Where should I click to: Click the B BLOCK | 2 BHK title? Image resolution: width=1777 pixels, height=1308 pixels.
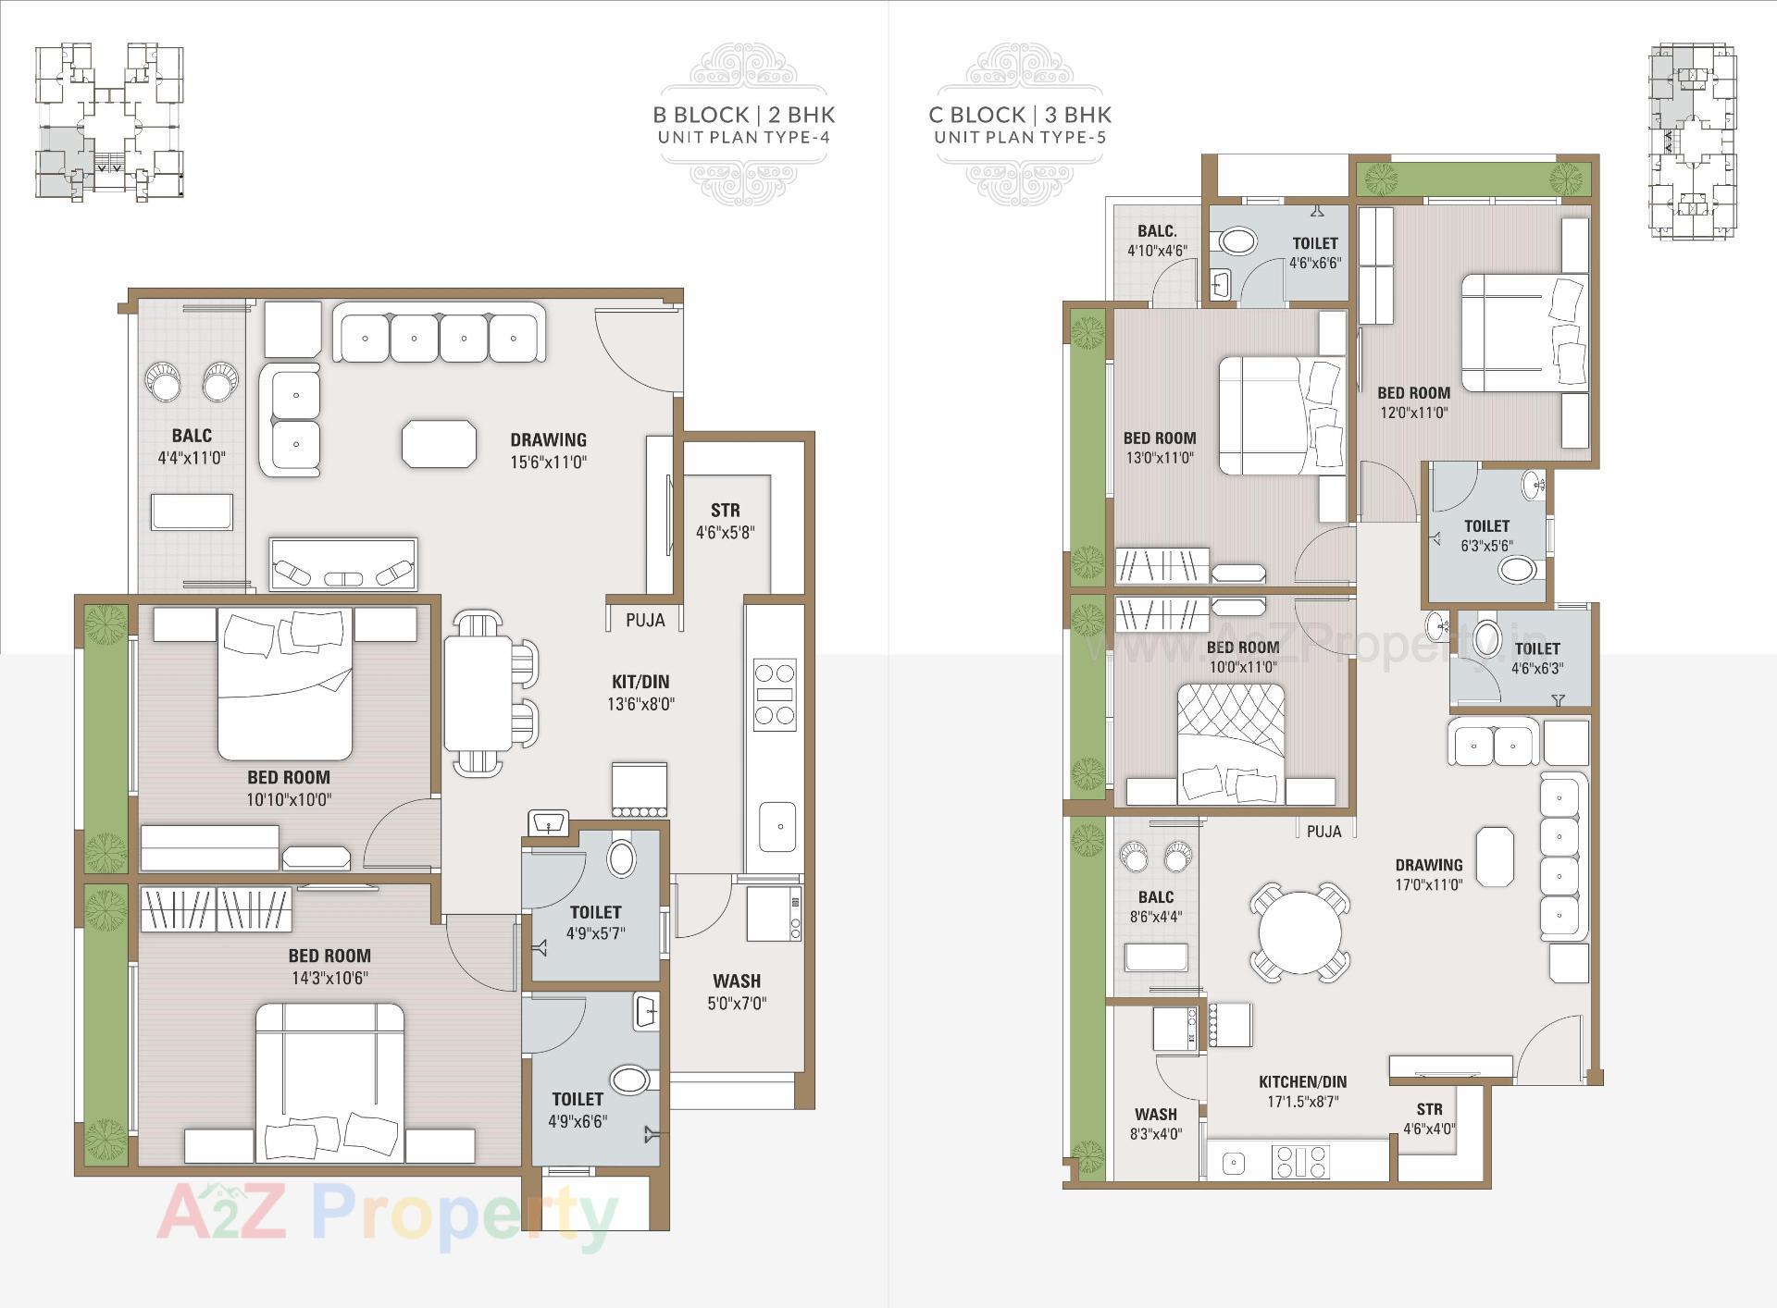point(744,115)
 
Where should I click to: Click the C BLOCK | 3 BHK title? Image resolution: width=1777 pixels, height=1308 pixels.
point(1020,115)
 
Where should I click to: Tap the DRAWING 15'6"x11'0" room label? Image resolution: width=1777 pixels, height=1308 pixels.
point(548,450)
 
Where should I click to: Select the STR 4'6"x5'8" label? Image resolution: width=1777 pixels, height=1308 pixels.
point(725,521)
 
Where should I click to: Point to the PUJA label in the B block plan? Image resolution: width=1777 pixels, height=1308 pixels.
point(644,620)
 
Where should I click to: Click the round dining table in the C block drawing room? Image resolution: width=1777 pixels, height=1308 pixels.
point(1299,931)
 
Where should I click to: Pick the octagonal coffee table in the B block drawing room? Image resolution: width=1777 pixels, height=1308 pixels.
point(439,443)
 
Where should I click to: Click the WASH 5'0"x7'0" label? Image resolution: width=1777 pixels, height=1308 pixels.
point(737,991)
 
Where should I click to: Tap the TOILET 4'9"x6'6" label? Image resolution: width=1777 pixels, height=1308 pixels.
point(578,1109)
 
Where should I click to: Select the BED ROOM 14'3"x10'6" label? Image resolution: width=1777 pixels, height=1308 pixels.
point(329,966)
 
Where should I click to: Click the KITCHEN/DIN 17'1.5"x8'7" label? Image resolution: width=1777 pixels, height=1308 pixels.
point(1302,1091)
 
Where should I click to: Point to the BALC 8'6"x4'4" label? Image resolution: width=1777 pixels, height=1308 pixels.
point(1156,907)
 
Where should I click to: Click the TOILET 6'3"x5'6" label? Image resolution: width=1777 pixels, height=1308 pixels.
point(1486,535)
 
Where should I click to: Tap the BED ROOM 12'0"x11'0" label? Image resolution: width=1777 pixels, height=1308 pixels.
point(1413,402)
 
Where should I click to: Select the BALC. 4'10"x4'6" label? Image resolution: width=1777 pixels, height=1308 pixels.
point(1157,241)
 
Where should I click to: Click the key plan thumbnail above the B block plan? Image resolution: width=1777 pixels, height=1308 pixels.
point(109,120)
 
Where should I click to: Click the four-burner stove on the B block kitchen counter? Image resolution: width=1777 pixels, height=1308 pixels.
point(774,694)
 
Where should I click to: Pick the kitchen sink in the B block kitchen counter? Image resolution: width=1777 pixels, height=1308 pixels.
point(777,826)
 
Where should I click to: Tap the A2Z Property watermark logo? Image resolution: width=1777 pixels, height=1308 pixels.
point(386,1214)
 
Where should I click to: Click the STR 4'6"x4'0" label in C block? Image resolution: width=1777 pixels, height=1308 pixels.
point(1429,1118)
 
